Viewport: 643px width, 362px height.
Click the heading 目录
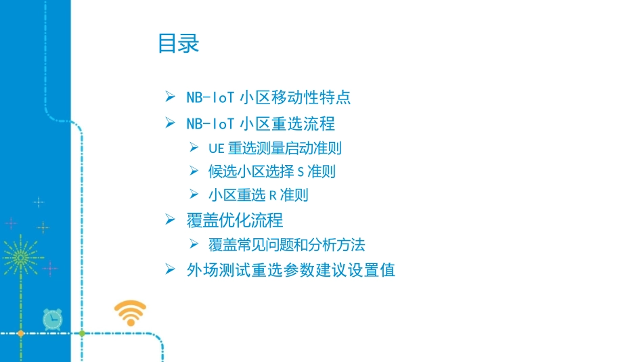(x=179, y=44)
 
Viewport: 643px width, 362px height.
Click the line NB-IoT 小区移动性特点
(x=269, y=97)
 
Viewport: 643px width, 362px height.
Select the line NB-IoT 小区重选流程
(x=261, y=124)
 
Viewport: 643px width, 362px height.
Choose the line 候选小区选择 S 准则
(x=272, y=171)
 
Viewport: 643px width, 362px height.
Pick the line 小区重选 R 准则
(x=259, y=195)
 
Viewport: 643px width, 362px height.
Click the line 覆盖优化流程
(x=235, y=220)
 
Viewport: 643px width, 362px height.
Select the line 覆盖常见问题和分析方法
(x=287, y=244)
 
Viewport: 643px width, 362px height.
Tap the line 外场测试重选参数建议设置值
(x=291, y=270)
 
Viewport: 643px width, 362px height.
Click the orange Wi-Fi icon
(x=130, y=313)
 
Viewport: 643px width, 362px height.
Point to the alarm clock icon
(x=52, y=319)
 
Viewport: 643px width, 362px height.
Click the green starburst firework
(x=20, y=257)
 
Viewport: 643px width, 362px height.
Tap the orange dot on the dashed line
(x=20, y=334)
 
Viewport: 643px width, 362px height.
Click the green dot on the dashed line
(x=82, y=334)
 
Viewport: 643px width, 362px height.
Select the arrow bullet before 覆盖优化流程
(x=171, y=219)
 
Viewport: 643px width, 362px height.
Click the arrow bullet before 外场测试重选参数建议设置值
(x=171, y=269)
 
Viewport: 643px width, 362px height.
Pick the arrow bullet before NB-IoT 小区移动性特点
(x=171, y=97)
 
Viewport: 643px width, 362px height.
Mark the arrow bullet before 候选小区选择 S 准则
(x=194, y=171)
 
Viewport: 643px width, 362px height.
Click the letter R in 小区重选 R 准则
(x=273, y=196)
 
